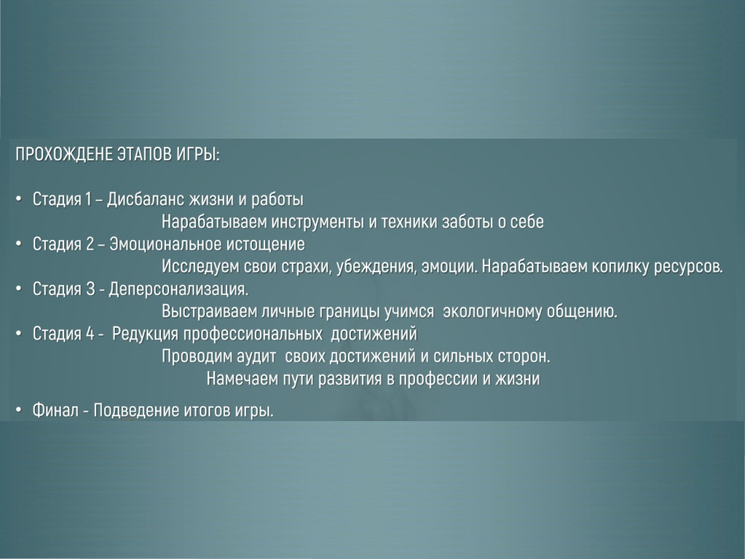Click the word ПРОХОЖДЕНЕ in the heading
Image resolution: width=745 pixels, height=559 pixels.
[64, 155]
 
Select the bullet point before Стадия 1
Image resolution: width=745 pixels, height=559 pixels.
[19, 199]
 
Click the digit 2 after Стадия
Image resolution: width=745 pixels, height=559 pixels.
[90, 244]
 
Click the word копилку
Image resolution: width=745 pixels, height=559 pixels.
[620, 267]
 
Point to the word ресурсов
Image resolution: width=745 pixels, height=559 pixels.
[688, 268]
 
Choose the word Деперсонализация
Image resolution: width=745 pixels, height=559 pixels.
[179, 289]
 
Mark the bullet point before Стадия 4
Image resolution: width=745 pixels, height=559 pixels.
[19, 334]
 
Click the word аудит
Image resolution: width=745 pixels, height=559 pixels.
[256, 356]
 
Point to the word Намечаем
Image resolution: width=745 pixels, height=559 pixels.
[242, 379]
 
